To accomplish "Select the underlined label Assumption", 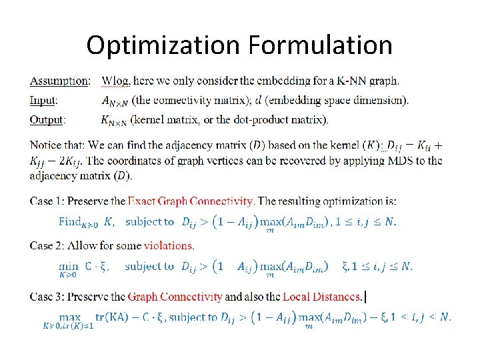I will [x=59, y=81].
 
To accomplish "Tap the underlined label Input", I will [x=43, y=101].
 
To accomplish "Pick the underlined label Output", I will [x=47, y=120].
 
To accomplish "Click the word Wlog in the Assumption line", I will [x=115, y=81].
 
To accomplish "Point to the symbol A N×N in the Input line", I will [x=115, y=101].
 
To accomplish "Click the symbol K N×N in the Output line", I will [x=115, y=121].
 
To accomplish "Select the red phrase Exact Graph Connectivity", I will [x=191, y=201].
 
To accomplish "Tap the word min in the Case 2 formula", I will [x=68, y=266].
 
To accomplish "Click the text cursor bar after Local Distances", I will [x=366, y=297].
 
